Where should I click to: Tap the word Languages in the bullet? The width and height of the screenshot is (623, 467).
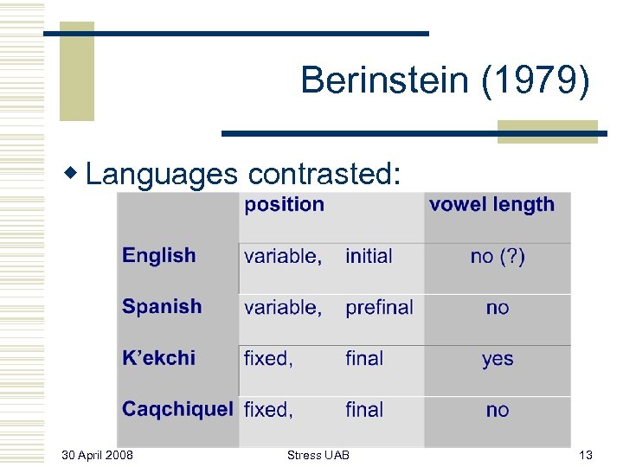pyautogui.click(x=161, y=174)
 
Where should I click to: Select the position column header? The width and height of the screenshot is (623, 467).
pyautogui.click(x=284, y=205)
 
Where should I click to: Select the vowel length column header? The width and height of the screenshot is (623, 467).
pyautogui.click(x=491, y=205)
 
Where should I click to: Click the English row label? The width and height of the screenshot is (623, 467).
pyautogui.click(x=159, y=255)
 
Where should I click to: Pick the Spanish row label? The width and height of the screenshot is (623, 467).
pyautogui.click(x=162, y=306)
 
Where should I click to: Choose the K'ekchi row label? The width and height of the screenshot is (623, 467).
pyautogui.click(x=158, y=357)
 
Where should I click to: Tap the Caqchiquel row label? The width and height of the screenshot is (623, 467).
pyautogui.click(x=177, y=409)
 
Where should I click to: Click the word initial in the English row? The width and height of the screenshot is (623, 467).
pyautogui.click(x=369, y=256)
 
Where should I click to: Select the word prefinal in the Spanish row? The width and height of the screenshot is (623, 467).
pyautogui.click(x=379, y=307)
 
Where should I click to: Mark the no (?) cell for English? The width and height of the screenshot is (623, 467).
pyautogui.click(x=497, y=256)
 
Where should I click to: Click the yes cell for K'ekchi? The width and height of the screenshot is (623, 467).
pyautogui.click(x=498, y=359)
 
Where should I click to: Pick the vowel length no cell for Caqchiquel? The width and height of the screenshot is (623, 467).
pyautogui.click(x=498, y=410)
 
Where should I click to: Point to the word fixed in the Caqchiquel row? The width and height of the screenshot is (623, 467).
pyautogui.click(x=268, y=410)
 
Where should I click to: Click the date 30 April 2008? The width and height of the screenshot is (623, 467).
pyautogui.click(x=98, y=455)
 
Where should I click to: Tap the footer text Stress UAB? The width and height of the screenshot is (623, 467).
pyautogui.click(x=318, y=455)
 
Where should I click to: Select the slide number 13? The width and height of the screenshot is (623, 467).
pyautogui.click(x=584, y=455)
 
